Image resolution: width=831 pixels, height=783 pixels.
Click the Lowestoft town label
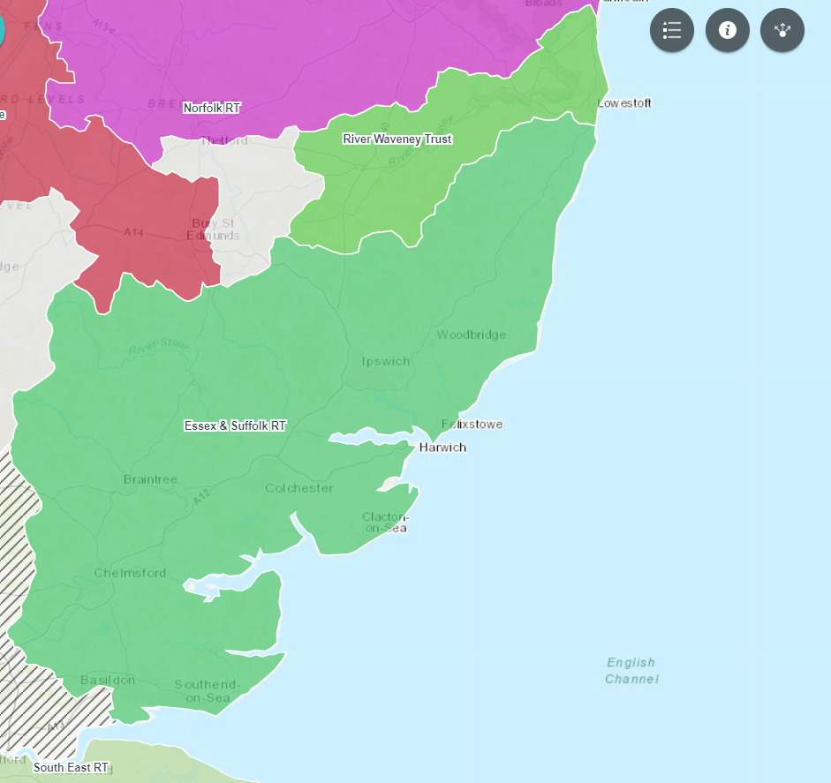pos(624,103)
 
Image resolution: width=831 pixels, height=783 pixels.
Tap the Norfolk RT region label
pos(211,108)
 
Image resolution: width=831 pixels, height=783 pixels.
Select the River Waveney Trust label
pos(397,139)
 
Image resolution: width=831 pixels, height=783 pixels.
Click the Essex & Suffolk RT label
pos(235,425)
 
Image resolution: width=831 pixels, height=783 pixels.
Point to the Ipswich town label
pos(386,361)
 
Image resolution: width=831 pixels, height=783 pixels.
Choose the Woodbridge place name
pos(472,335)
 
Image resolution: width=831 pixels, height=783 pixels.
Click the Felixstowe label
pos(472,425)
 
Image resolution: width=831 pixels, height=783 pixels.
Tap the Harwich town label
pos(442,448)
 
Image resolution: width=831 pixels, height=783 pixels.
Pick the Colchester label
pos(299,488)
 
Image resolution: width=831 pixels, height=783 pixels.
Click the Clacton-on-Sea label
pos(384,523)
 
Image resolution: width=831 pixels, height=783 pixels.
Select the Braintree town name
pos(150,479)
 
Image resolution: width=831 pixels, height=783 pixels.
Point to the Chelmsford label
pos(130,573)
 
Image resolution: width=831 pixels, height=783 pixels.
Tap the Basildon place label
pos(108,681)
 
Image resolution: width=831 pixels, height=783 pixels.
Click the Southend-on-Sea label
pos(208,691)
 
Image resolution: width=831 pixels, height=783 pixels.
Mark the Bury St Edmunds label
pos(213,230)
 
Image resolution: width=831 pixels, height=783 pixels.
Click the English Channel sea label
pos(631,671)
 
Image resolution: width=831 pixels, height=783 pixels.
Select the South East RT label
pos(71,767)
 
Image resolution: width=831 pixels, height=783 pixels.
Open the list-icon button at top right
pos(672,30)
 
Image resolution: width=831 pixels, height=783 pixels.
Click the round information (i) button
pos(728,30)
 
